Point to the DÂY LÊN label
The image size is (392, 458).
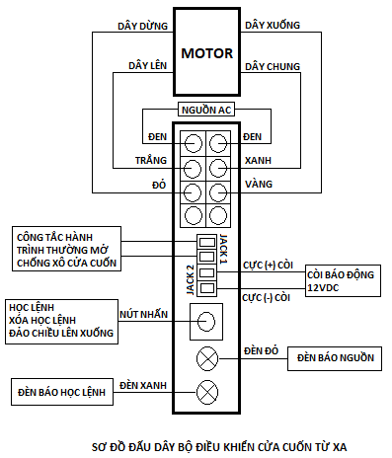point(145,65)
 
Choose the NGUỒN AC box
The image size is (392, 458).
point(205,110)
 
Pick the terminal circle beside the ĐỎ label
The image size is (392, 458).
point(194,188)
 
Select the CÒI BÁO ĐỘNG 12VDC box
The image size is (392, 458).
point(339,280)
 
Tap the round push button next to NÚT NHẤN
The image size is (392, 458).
point(206,322)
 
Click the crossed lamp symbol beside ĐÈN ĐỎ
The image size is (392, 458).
point(207,358)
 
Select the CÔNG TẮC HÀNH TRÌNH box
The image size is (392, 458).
point(65,249)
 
